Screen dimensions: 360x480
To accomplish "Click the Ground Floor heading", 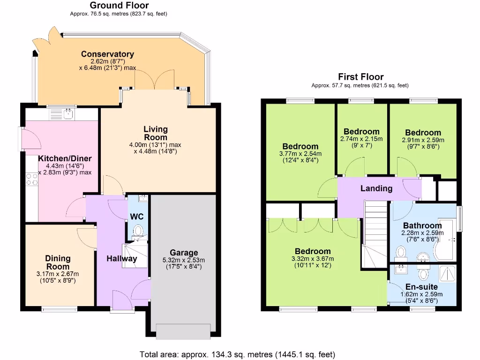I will pyautogui.click(x=119, y=6).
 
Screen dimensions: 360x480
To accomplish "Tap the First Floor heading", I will pyautogui.click(x=360, y=77).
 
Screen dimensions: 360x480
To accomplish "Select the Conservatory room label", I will pyautogui.click(x=107, y=54).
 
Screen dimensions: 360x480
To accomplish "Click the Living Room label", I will pyautogui.click(x=156, y=133).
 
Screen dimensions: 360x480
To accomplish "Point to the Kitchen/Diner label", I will pyautogui.click(x=65, y=158).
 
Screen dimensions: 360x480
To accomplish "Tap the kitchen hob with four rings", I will pyautogui.click(x=31, y=179).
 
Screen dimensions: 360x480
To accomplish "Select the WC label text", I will pyautogui.click(x=137, y=217).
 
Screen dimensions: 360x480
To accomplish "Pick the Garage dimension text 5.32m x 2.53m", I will pyautogui.click(x=184, y=260).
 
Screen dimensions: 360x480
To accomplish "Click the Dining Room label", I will pyautogui.click(x=58, y=262).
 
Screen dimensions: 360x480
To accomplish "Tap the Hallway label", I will pyautogui.click(x=121, y=259).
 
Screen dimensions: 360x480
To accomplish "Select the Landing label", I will pyautogui.click(x=376, y=188).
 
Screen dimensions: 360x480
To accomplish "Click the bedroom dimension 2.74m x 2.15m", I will pyautogui.click(x=361, y=139).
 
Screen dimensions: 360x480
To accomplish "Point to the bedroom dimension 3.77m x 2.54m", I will pyautogui.click(x=300, y=153).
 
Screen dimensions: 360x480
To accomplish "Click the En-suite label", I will pyautogui.click(x=421, y=287).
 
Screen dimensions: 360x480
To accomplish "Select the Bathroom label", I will pyautogui.click(x=422, y=225).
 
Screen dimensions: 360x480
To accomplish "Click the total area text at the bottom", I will pyautogui.click(x=238, y=354).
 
